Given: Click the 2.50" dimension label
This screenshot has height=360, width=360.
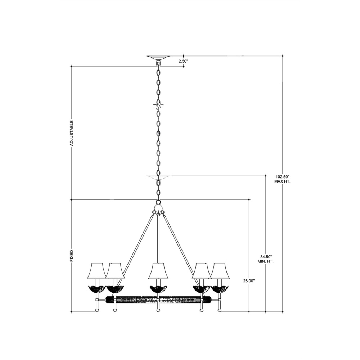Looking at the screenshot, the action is (183, 61).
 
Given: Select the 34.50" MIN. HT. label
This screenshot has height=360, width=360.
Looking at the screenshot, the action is (266, 259).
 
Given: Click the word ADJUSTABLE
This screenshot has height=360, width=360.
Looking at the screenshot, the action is (71, 133).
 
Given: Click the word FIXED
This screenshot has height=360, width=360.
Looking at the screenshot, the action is (71, 256).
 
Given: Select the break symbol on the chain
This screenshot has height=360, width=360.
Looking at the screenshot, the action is (158, 107).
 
